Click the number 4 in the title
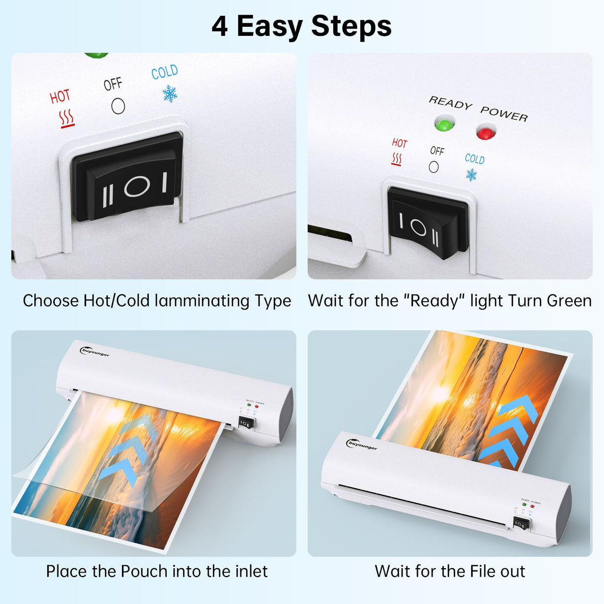click(219, 26)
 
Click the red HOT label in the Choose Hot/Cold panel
click(60, 96)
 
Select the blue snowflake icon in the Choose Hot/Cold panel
click(170, 94)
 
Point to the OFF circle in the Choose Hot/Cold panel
click(118, 106)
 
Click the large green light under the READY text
click(444, 124)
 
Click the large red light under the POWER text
click(486, 133)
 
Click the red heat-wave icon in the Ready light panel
click(397, 159)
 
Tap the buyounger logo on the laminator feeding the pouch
click(95, 352)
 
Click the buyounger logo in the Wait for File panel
click(362, 445)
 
